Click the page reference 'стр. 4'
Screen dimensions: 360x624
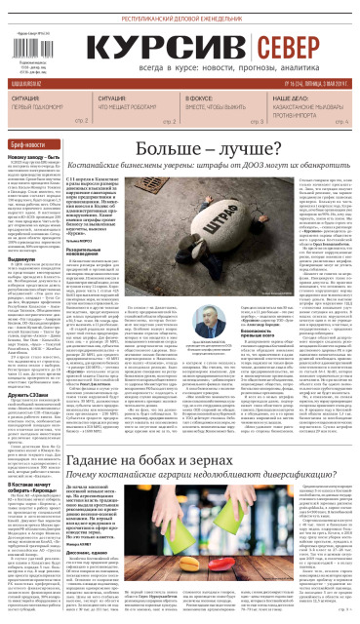point(342,121)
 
